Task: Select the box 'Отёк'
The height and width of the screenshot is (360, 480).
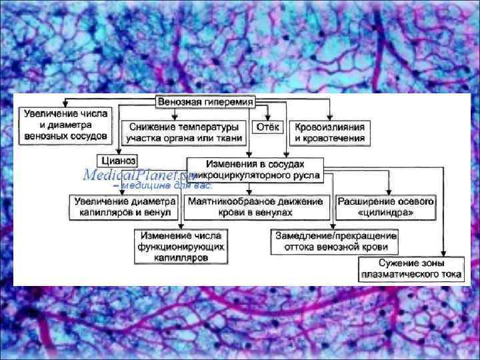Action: click(x=269, y=127)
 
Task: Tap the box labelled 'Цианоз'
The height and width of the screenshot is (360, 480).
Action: click(x=118, y=160)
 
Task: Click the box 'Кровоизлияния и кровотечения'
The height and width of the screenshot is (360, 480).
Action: click(x=331, y=132)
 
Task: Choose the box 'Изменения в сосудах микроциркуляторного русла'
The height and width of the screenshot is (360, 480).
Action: click(x=255, y=169)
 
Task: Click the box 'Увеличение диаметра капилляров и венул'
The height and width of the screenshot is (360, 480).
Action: click(x=125, y=207)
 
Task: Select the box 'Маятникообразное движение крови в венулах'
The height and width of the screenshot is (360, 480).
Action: click(x=256, y=207)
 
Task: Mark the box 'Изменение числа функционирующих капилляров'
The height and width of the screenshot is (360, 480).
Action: click(x=181, y=245)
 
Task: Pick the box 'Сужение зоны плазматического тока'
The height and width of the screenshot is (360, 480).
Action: click(x=401, y=268)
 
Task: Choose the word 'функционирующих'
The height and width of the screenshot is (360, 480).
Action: click(x=181, y=246)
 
